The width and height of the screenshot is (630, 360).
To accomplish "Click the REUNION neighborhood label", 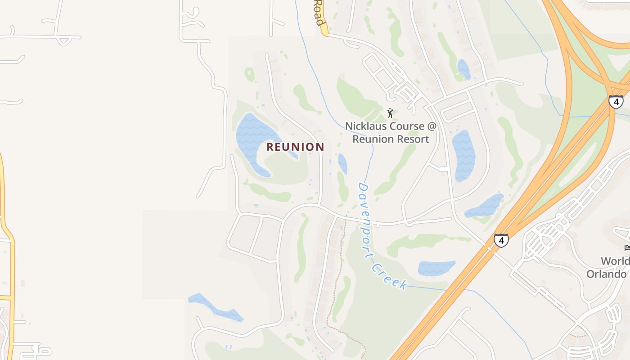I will point(295,147).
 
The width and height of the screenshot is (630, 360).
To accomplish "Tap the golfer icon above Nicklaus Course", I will point(390,112).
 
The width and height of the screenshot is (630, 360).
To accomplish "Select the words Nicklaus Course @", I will point(391,126).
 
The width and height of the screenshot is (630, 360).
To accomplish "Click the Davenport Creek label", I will point(382,237).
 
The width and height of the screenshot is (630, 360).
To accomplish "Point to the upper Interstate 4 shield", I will point(616,101).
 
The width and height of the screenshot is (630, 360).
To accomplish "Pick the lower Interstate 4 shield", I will point(500,240).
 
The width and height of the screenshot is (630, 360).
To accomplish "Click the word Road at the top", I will point(318,13).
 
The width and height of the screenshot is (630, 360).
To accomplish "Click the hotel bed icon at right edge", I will point(627,247).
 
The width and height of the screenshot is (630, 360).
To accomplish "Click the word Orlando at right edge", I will point(607,274).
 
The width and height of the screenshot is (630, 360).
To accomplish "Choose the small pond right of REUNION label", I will point(342,163).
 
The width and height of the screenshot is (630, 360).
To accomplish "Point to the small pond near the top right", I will point(463,69).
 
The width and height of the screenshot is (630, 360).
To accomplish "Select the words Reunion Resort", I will point(391,139).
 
